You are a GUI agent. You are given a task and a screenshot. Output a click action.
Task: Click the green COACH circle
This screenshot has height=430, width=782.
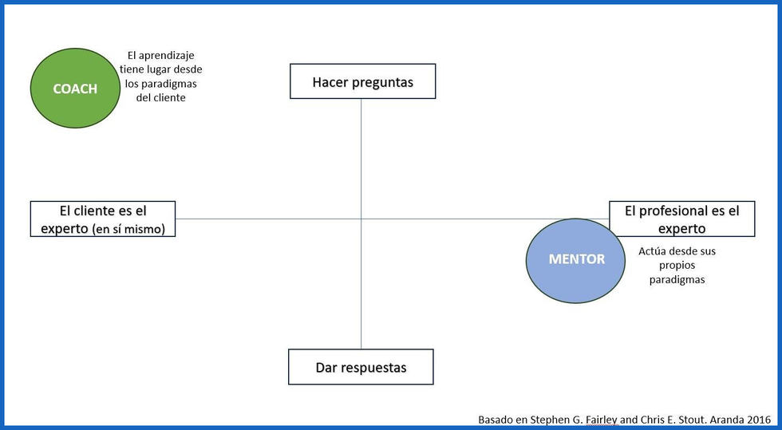tap(75, 89)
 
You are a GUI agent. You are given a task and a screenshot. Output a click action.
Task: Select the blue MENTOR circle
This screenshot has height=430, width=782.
tap(576, 260)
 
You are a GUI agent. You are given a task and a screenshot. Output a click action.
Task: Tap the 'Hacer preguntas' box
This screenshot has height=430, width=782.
tap(362, 81)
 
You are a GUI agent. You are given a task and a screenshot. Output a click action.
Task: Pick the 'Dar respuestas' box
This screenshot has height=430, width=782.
tap(361, 367)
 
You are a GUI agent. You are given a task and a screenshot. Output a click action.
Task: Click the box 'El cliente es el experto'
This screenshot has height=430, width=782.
tap(102, 219)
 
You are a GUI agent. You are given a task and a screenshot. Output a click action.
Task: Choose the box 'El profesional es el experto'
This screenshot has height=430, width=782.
tap(681, 219)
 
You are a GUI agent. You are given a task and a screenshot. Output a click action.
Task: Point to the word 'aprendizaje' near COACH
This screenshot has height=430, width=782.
tap(168, 56)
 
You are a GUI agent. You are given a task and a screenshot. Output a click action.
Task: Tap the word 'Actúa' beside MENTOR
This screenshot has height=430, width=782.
tap(652, 251)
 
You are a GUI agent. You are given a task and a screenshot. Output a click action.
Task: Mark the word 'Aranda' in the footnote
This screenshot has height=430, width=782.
tap(726, 419)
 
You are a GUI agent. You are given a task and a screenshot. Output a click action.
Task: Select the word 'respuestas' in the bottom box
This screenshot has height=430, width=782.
tap(373, 368)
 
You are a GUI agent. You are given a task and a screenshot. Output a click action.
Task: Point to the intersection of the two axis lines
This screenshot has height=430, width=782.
tap(361, 219)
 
